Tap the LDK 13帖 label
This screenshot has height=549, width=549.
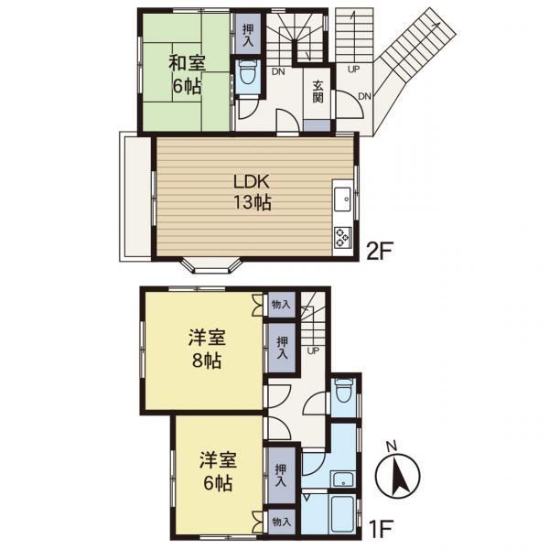pyautogui.click(x=252, y=192)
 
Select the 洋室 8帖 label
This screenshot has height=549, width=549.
pyautogui.click(x=207, y=349)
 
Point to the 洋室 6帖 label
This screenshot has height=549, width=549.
pyautogui.click(x=218, y=471)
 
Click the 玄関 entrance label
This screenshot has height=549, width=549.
pyautogui.click(x=318, y=91)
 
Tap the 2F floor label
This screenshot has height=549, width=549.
pyautogui.click(x=379, y=251)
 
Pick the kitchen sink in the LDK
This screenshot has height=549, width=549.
pyautogui.click(x=342, y=199)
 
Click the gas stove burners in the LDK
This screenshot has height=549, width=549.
pyautogui.click(x=342, y=238)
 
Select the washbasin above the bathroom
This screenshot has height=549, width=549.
pyautogui.click(x=343, y=479)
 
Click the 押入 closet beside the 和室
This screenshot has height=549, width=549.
pyautogui.click(x=248, y=35)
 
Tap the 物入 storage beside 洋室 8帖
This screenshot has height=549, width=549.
pyautogui.click(x=282, y=305)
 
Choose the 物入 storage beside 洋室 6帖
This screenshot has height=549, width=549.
pyautogui.click(x=282, y=522)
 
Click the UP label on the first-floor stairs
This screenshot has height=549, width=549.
pyautogui.click(x=313, y=350)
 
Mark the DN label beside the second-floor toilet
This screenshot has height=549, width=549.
pyautogui.click(x=279, y=71)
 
